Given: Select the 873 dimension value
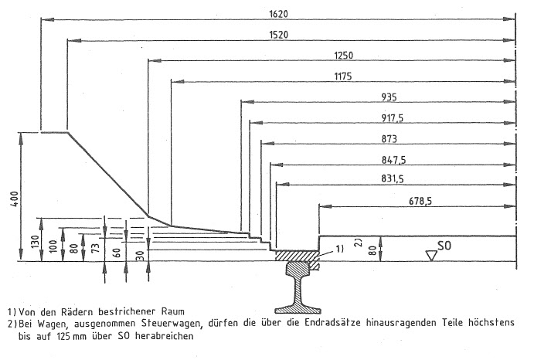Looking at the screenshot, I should (389, 139).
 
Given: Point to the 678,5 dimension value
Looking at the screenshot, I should (418, 202).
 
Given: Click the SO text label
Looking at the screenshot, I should (444, 246).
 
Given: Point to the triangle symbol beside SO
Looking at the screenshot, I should (430, 253).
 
